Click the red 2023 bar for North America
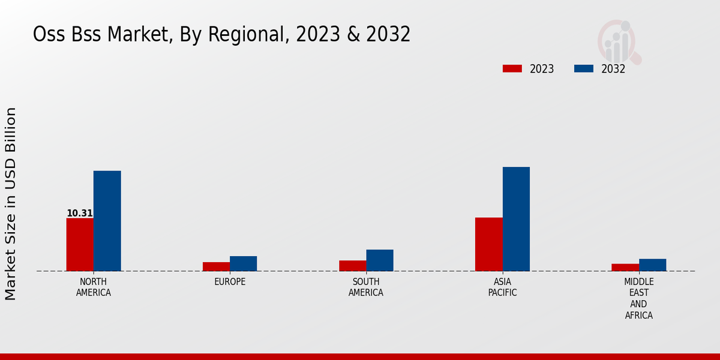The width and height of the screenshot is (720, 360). click(x=80, y=244)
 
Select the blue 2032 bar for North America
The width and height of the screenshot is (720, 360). click(x=107, y=221)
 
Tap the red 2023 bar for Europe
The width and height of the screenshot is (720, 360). click(x=216, y=266)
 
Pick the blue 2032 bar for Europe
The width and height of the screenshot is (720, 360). click(x=243, y=263)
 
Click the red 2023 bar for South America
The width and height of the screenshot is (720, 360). click(x=352, y=266)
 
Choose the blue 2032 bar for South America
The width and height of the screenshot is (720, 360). click(x=380, y=260)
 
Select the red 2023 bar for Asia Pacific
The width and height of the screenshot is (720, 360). click(x=488, y=244)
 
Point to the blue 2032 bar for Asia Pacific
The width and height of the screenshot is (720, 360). click(x=516, y=219)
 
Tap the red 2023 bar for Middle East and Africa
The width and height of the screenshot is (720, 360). click(x=625, y=268)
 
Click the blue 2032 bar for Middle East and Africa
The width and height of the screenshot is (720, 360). click(x=652, y=265)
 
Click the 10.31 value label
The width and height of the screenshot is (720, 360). click(x=79, y=213)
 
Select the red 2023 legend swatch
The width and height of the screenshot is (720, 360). click(x=512, y=68)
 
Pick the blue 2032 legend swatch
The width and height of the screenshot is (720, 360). click(x=583, y=68)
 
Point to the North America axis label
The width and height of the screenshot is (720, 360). click(x=94, y=287)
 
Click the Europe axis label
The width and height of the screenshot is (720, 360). click(x=230, y=282)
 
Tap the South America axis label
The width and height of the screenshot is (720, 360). click(x=366, y=287)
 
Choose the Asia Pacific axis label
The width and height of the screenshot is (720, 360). click(x=502, y=287)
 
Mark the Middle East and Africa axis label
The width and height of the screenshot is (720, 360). click(x=639, y=298)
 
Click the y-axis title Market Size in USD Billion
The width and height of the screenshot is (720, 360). click(x=11, y=204)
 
